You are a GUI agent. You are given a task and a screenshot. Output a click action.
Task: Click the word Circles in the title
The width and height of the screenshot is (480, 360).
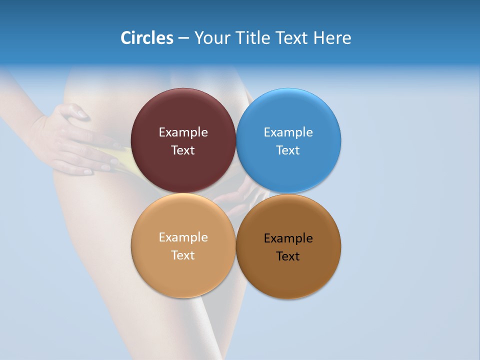click(146, 38)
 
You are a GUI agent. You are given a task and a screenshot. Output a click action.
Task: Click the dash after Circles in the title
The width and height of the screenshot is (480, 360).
click(183, 38)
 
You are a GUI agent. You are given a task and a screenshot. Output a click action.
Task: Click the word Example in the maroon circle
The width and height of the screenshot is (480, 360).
click(183, 132)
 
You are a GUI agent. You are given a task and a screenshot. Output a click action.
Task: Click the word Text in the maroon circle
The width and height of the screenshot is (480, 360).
click(183, 150)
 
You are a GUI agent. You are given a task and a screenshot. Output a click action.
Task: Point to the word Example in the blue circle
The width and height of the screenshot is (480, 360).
click(288, 132)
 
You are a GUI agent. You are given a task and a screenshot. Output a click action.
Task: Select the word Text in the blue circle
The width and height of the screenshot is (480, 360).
click(288, 150)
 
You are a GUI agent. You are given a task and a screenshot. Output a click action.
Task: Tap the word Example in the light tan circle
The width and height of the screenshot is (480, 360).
click(183, 237)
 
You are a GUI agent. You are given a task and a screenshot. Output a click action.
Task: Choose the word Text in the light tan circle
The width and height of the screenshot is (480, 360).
click(183, 255)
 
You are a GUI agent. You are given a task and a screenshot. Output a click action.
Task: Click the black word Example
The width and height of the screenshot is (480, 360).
click(288, 238)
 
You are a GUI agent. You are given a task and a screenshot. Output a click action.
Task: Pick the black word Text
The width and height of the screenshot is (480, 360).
click(288, 256)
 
